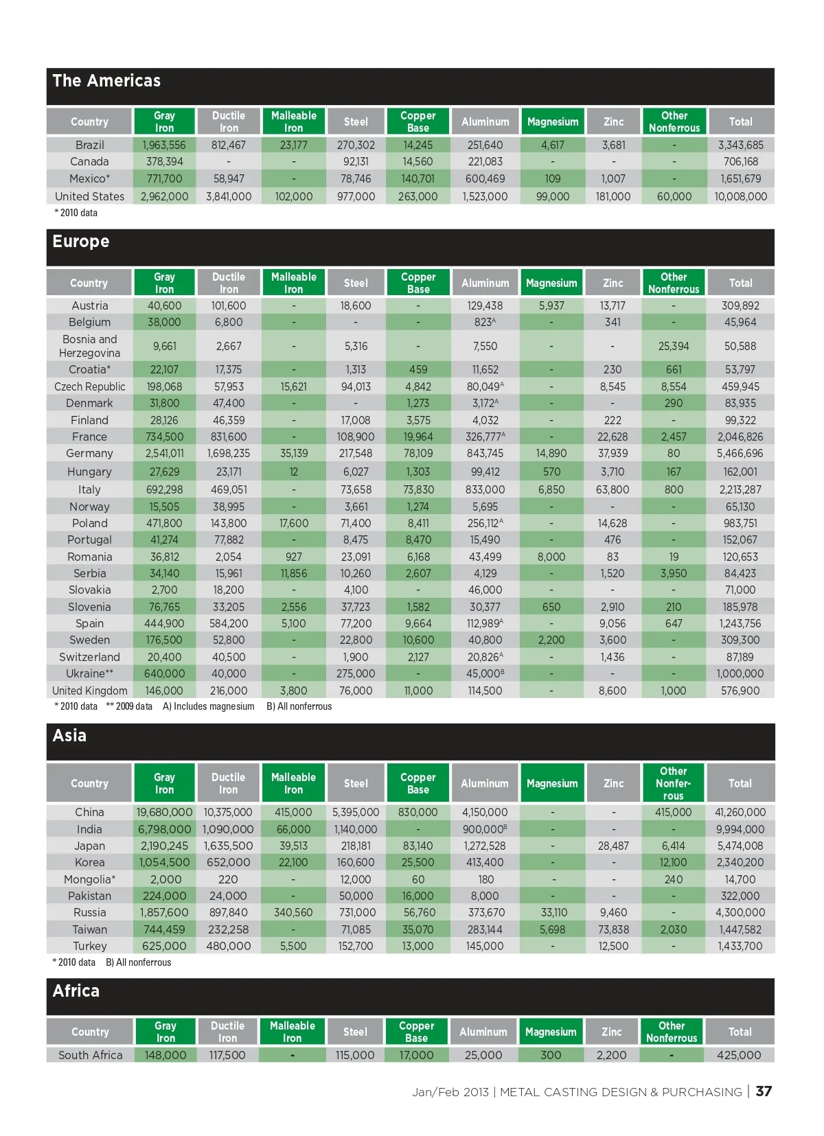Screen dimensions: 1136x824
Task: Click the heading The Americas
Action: tap(106, 81)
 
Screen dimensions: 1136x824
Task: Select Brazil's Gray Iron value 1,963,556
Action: tap(164, 145)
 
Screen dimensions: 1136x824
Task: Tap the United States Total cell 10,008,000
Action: tap(740, 196)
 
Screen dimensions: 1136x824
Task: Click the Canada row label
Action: tap(89, 162)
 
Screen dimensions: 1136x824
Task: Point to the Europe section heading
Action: tap(81, 242)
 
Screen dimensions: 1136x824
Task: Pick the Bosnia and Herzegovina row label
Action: tap(89, 346)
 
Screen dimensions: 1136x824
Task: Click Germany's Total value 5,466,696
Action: tap(740, 454)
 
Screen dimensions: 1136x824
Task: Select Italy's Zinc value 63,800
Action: tap(613, 489)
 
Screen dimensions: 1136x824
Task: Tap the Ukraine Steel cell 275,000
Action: tap(356, 674)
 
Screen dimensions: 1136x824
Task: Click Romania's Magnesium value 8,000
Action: tap(551, 557)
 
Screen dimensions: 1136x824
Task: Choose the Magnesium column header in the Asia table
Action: tap(552, 783)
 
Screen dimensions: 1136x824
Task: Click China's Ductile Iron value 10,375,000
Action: tap(228, 812)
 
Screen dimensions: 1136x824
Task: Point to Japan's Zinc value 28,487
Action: tap(613, 846)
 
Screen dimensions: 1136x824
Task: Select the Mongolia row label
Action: tap(89, 879)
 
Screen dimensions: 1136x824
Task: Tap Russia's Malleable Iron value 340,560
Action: tap(293, 913)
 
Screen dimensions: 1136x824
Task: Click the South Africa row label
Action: tap(90, 1055)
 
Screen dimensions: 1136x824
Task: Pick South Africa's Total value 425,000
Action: tap(739, 1055)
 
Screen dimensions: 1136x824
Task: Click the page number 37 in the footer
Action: tap(764, 1091)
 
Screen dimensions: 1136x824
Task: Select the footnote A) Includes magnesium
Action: tap(208, 706)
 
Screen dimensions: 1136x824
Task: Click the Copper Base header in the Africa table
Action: tap(416, 1032)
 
